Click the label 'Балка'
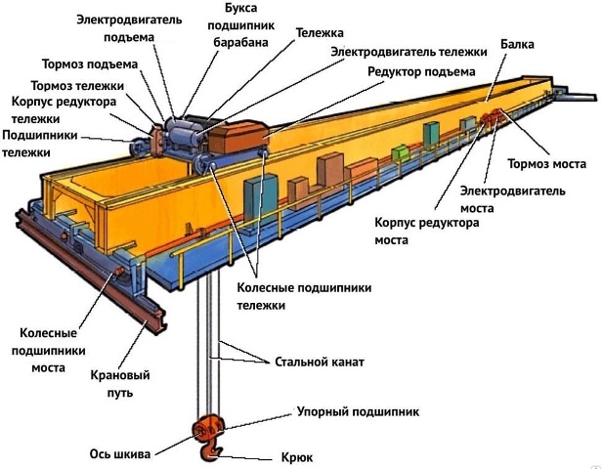click(x=517, y=44)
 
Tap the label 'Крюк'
click(x=297, y=457)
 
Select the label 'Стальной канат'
click(x=320, y=362)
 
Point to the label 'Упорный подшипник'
click(x=358, y=411)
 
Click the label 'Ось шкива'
click(x=120, y=454)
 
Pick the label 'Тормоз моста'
click(x=546, y=164)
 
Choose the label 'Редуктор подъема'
click(x=421, y=71)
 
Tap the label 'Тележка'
click(x=320, y=33)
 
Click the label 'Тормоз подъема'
click(x=90, y=64)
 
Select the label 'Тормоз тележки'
click(x=77, y=86)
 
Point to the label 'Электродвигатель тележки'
click(x=408, y=52)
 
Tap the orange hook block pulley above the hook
click(x=207, y=427)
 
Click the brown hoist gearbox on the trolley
click(x=238, y=137)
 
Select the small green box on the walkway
click(x=400, y=152)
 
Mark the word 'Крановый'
click(x=120, y=375)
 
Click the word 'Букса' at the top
click(x=241, y=8)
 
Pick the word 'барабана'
click(x=240, y=42)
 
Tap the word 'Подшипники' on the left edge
click(x=40, y=136)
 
